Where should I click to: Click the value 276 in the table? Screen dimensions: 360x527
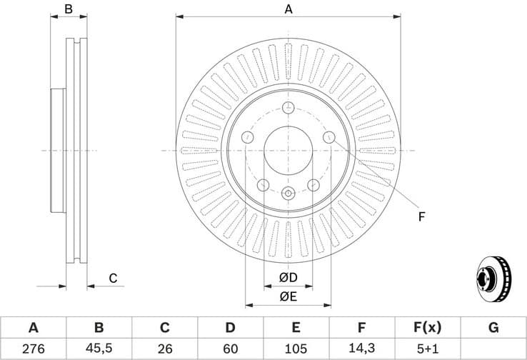(33, 349)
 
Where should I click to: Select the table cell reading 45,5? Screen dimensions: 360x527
(99, 349)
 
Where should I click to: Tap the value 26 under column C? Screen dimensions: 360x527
(164, 349)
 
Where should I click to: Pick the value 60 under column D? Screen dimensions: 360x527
(230, 349)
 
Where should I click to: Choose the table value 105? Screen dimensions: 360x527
(296, 349)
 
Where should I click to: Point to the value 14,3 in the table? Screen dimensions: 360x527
(361, 349)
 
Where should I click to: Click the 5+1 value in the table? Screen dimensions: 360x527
(427, 349)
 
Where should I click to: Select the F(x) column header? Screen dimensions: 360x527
(427, 328)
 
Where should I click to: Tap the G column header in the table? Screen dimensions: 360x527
(493, 328)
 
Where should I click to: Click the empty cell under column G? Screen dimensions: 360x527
(493, 349)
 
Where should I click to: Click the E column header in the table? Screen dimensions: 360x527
(296, 328)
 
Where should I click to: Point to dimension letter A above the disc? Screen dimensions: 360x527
(288, 9)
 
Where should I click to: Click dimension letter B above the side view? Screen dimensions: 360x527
(69, 9)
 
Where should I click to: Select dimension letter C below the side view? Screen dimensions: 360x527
(112, 278)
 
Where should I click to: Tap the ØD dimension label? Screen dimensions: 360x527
(288, 277)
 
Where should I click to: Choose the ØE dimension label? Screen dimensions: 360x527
(288, 296)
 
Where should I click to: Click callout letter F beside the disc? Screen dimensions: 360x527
(422, 217)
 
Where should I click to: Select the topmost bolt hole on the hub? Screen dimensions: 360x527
(288, 108)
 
